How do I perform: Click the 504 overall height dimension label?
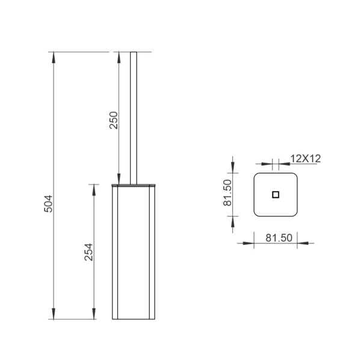click(x=48, y=204)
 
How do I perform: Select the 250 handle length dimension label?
click(x=114, y=120)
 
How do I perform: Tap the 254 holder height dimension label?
click(x=88, y=252)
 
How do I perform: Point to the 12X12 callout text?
click(x=306, y=159)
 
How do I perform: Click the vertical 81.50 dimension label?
click(x=227, y=193)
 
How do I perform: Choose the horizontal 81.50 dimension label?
click(x=279, y=238)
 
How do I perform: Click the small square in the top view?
click(x=276, y=195)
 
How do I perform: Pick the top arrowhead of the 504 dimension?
click(x=54, y=57)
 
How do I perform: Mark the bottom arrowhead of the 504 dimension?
click(x=54, y=314)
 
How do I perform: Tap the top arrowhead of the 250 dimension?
click(x=119, y=57)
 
